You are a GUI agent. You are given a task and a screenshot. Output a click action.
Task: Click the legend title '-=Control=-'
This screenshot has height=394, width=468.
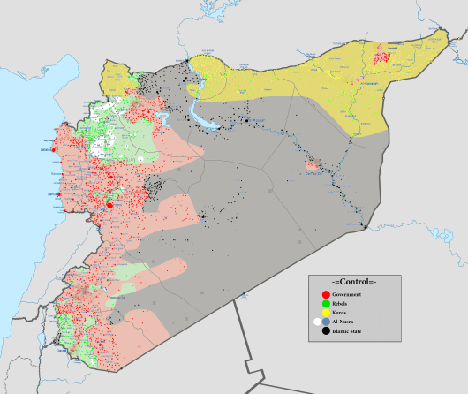click(x=353, y=280)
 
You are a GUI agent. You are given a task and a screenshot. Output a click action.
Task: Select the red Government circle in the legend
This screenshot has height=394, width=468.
click(x=326, y=294)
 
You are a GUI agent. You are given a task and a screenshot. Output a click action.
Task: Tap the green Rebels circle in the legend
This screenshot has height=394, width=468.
click(x=326, y=304)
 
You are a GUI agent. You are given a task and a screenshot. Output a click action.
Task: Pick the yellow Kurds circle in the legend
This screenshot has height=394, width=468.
click(x=326, y=313)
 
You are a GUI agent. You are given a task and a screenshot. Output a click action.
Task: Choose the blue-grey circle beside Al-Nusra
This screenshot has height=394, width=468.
click(x=327, y=322)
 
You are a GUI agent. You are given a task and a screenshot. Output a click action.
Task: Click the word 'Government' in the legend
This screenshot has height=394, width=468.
click(x=349, y=294)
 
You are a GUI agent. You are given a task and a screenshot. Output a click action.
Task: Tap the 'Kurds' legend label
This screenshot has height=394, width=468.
click(x=342, y=313)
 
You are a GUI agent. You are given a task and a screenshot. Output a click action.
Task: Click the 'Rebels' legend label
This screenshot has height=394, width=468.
click(x=343, y=304)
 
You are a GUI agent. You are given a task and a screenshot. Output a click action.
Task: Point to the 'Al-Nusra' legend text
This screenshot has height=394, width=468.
click(x=344, y=322)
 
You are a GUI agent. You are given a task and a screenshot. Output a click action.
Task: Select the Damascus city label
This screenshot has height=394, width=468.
click(x=117, y=298)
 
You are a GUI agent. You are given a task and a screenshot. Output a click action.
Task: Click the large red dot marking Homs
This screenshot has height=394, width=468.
click(x=109, y=205)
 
